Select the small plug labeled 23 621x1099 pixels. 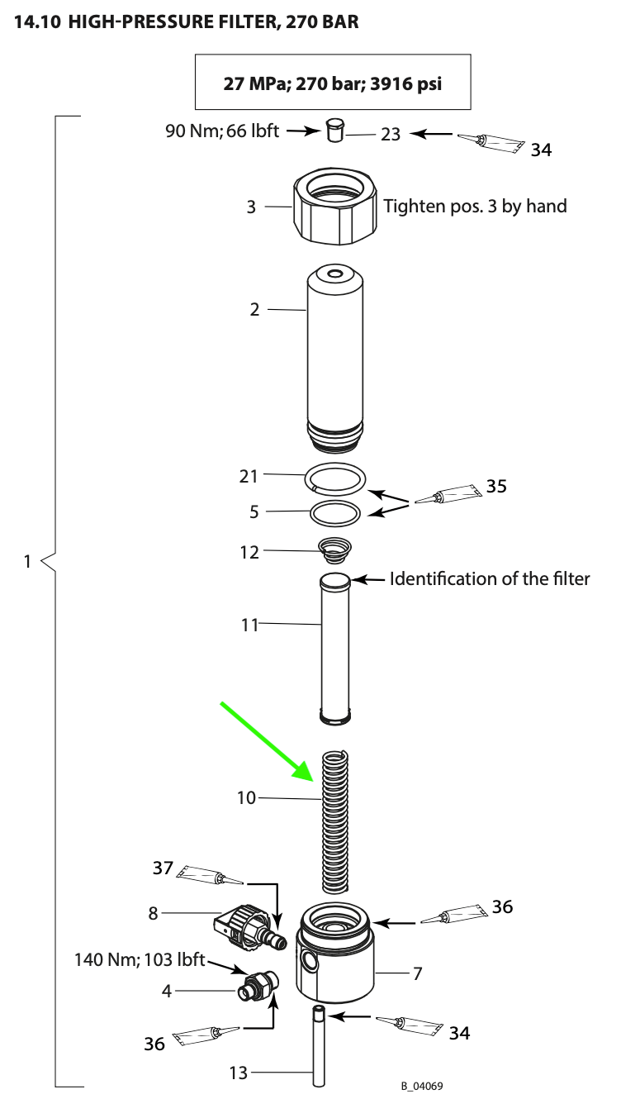pos(334,129)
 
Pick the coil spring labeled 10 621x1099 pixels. pos(335,821)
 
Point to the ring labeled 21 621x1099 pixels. pos(335,478)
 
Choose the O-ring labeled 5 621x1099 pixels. pos(335,513)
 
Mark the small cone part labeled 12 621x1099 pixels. pos(334,551)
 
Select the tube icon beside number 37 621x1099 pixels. pos(209,875)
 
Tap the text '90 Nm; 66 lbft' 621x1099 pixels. pos(222,131)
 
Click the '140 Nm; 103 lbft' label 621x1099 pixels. pos(140,959)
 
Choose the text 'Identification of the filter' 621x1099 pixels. pos(490,579)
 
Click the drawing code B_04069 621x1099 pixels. pos(422,1086)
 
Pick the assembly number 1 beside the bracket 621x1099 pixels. pos(27,561)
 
